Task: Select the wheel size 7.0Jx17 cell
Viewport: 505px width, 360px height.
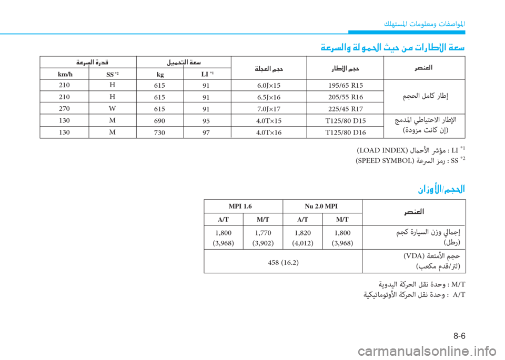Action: [268, 109]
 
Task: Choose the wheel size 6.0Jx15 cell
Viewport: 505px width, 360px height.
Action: [268, 86]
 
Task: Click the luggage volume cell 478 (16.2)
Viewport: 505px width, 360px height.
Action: [283, 262]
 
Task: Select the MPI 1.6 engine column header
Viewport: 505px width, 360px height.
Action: [243, 206]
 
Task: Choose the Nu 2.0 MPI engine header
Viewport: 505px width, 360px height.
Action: [322, 206]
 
